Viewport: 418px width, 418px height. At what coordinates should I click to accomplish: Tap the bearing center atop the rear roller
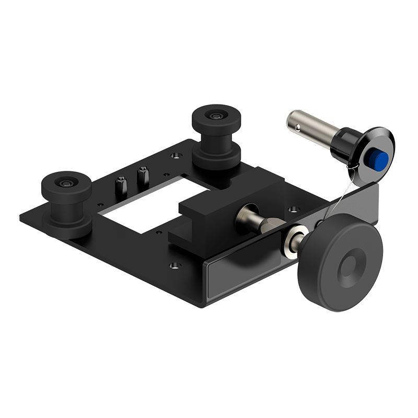(x=215, y=115)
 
